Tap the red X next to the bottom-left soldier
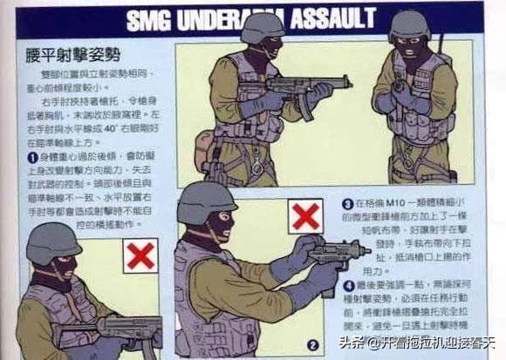[x=140, y=255]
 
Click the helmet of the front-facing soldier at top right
[x=409, y=25]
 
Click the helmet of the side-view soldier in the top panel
[x=262, y=29]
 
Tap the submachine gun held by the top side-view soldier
[x=305, y=88]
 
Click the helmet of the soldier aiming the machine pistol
[x=206, y=202]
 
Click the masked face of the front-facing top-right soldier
[x=409, y=53]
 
